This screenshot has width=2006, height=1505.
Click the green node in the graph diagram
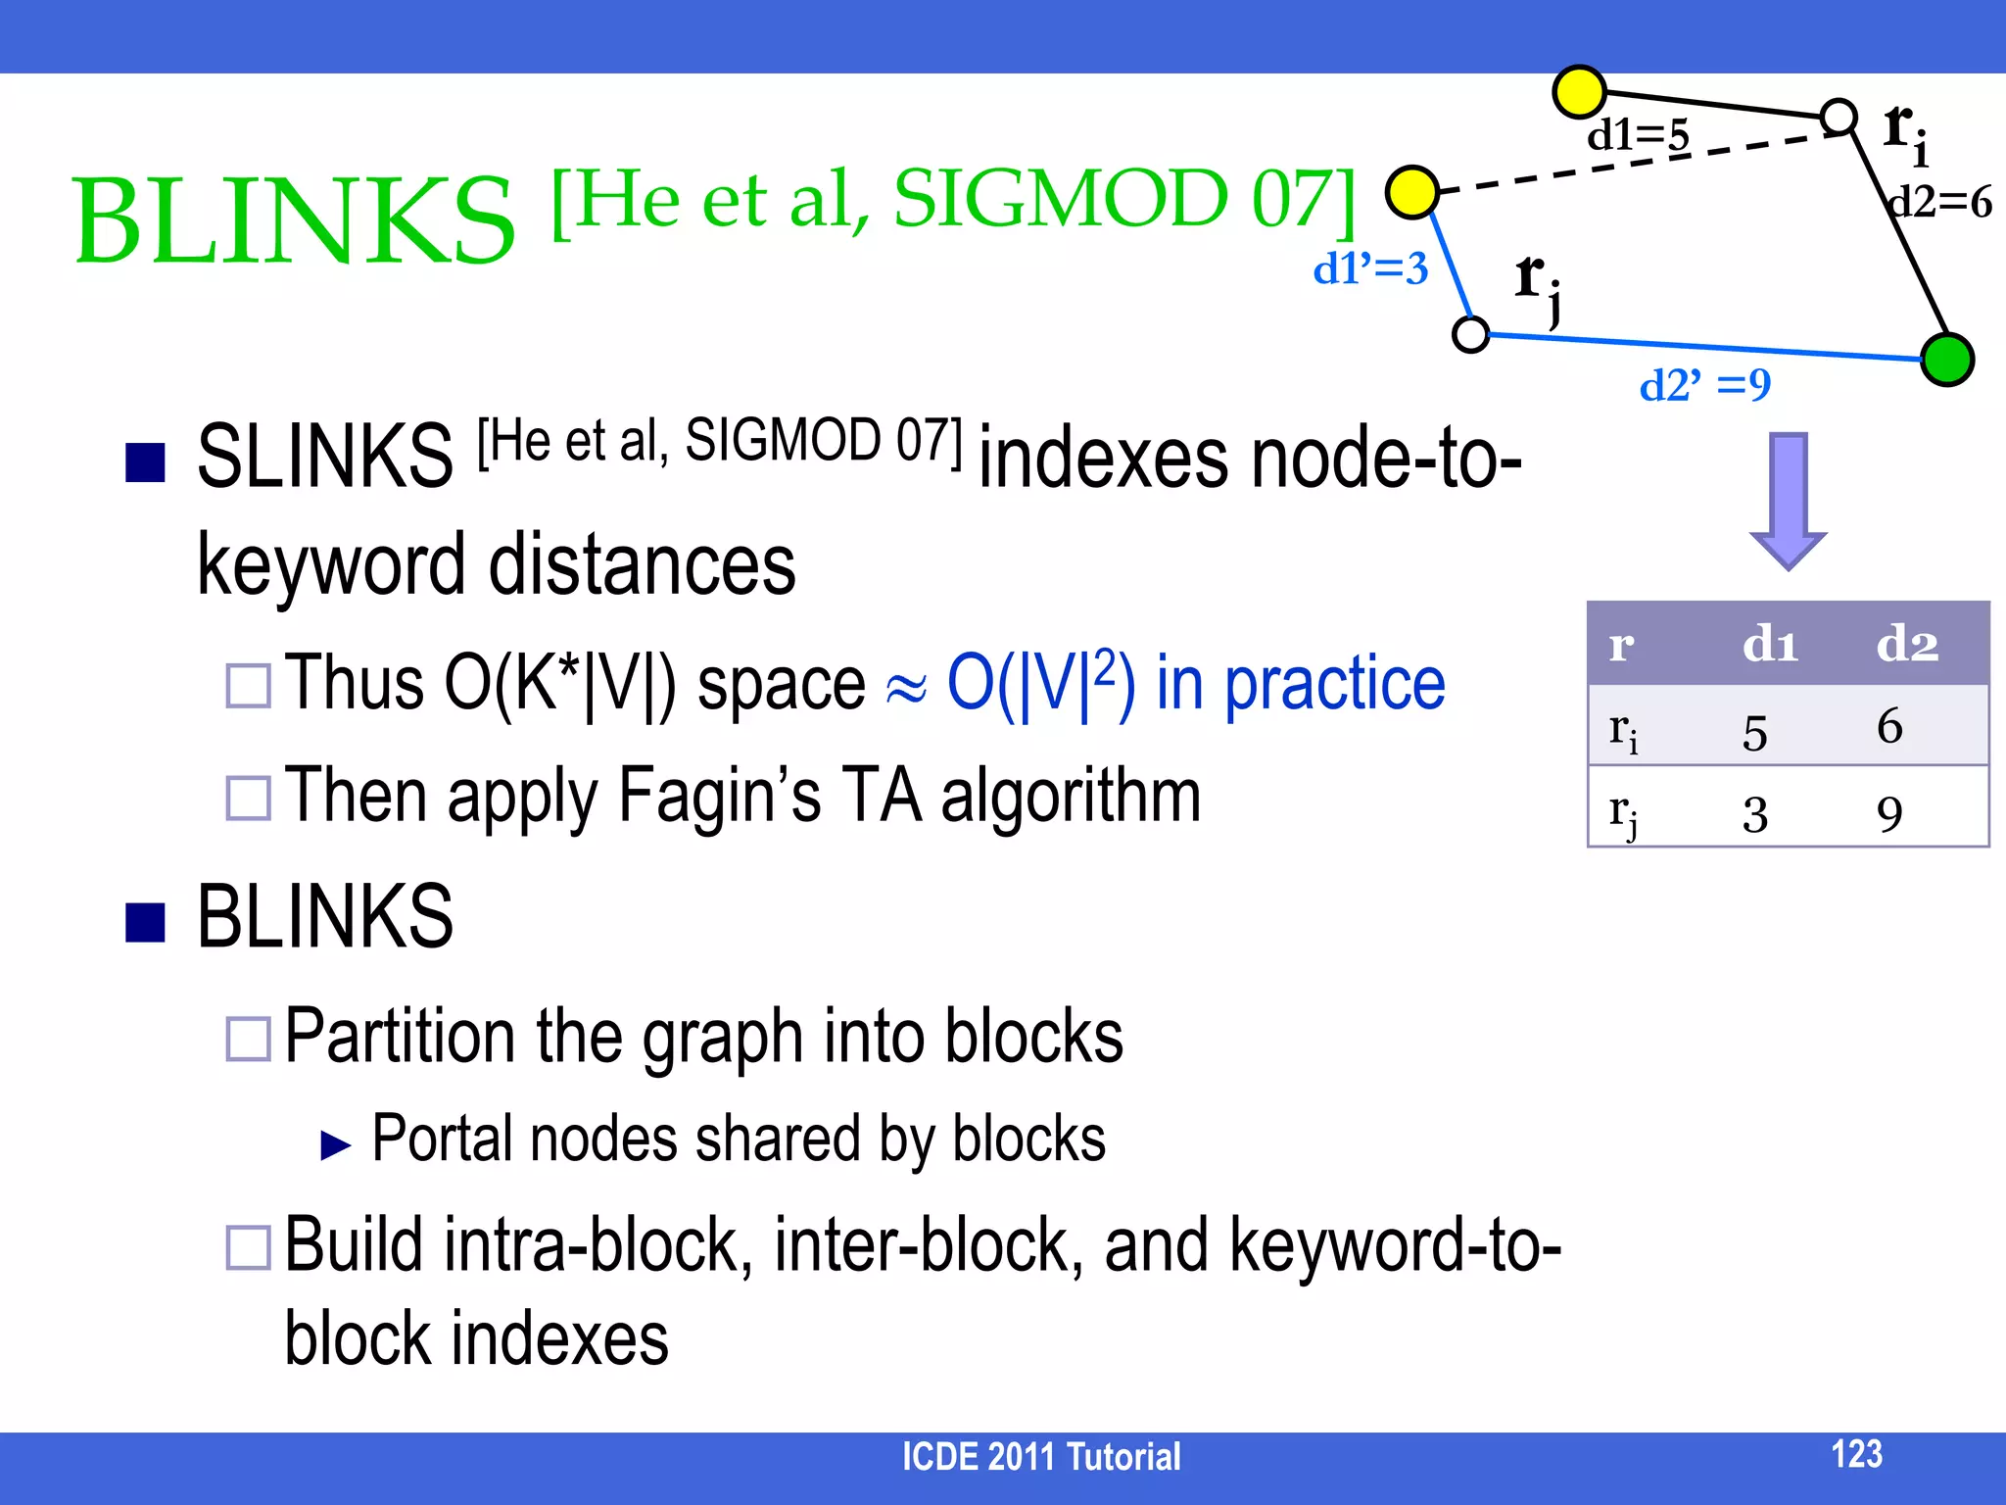[x=1946, y=360]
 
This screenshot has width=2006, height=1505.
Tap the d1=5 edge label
[x=1638, y=135]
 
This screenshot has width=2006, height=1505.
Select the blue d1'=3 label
[x=1370, y=268]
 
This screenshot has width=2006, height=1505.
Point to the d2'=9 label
[x=1705, y=385]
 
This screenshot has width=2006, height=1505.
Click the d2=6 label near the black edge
[x=1940, y=203]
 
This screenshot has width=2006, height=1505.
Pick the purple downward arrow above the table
[x=1789, y=500]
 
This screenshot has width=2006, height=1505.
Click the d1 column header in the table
[x=1770, y=645]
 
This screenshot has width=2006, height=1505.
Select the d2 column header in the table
[x=1907, y=645]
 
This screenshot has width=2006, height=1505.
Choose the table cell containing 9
[x=1889, y=814]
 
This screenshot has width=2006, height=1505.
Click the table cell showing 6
[x=1889, y=726]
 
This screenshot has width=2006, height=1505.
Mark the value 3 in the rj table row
[x=1754, y=814]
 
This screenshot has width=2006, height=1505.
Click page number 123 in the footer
[x=1856, y=1453]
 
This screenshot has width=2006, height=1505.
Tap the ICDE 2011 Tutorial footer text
[x=1040, y=1457]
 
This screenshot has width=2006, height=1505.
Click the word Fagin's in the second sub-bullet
[x=720, y=796]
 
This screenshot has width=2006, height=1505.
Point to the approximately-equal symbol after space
[x=906, y=688]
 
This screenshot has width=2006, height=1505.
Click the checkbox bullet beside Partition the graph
[x=248, y=1040]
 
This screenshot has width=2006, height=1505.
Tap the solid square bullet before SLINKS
[x=145, y=462]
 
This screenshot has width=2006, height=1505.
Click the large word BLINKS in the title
[x=294, y=221]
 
